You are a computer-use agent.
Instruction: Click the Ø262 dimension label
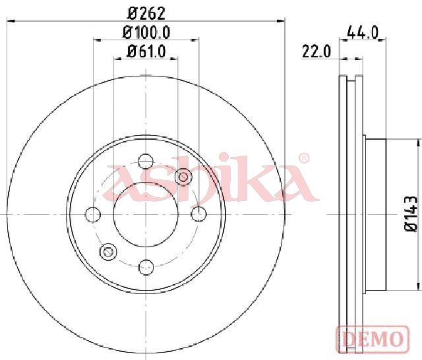pos(146,13)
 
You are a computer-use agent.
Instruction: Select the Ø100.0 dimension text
pos(146,32)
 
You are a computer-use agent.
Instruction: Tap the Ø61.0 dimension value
pos(146,51)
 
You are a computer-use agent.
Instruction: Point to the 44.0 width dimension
pos(363,32)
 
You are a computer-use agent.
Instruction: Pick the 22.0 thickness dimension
pos(316,51)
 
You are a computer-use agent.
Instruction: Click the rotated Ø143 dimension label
pos(411,214)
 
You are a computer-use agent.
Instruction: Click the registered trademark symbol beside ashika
pos(304,158)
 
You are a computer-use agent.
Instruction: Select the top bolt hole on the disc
pos(146,162)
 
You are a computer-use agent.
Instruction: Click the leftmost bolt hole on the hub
pos(93,215)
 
